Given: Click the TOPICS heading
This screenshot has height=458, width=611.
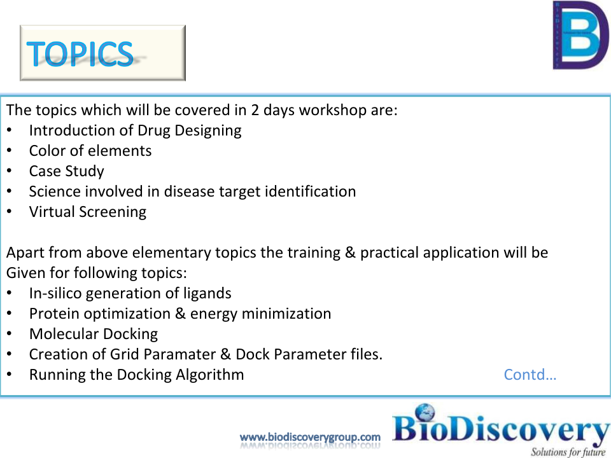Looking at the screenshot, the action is [x=80, y=53].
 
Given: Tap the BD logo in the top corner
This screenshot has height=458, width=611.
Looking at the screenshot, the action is [x=580, y=35].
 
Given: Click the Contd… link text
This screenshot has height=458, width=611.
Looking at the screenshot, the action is [x=530, y=375].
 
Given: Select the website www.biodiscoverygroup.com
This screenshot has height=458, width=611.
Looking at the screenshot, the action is [x=310, y=438].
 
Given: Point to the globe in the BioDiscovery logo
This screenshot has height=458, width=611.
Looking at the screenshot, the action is [x=425, y=412].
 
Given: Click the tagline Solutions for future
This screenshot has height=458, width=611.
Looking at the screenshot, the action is [x=568, y=452].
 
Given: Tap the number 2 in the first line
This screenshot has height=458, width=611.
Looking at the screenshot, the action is [x=255, y=110].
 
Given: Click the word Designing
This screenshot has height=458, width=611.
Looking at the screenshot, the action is [x=208, y=131].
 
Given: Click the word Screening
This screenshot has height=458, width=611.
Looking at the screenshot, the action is [x=113, y=212].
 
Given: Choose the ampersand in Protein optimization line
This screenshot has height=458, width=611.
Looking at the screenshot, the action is [x=180, y=314].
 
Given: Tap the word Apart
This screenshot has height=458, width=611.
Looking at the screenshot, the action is [x=25, y=253].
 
